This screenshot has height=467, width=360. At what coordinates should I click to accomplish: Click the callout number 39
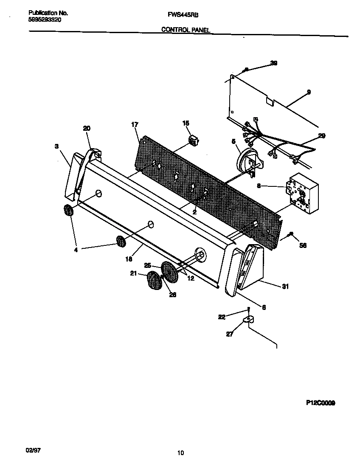click(274, 63)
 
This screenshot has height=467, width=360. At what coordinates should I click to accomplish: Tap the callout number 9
click(309, 92)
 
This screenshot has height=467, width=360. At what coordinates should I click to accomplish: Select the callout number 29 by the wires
click(322, 135)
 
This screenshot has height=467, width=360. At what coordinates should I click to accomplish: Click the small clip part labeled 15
click(194, 140)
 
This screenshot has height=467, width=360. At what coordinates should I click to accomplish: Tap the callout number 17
click(135, 124)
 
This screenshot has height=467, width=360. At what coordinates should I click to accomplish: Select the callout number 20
click(87, 128)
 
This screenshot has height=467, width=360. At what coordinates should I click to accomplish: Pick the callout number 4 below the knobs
click(76, 250)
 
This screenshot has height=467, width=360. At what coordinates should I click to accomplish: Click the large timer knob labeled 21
click(154, 281)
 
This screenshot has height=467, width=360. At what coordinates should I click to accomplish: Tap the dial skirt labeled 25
click(171, 273)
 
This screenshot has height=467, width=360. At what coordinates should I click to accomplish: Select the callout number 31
click(285, 287)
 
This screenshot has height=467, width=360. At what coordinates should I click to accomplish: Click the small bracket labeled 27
click(248, 319)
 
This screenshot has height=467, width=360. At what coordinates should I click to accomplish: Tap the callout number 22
click(221, 317)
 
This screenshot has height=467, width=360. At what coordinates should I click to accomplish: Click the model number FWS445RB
click(180, 14)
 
